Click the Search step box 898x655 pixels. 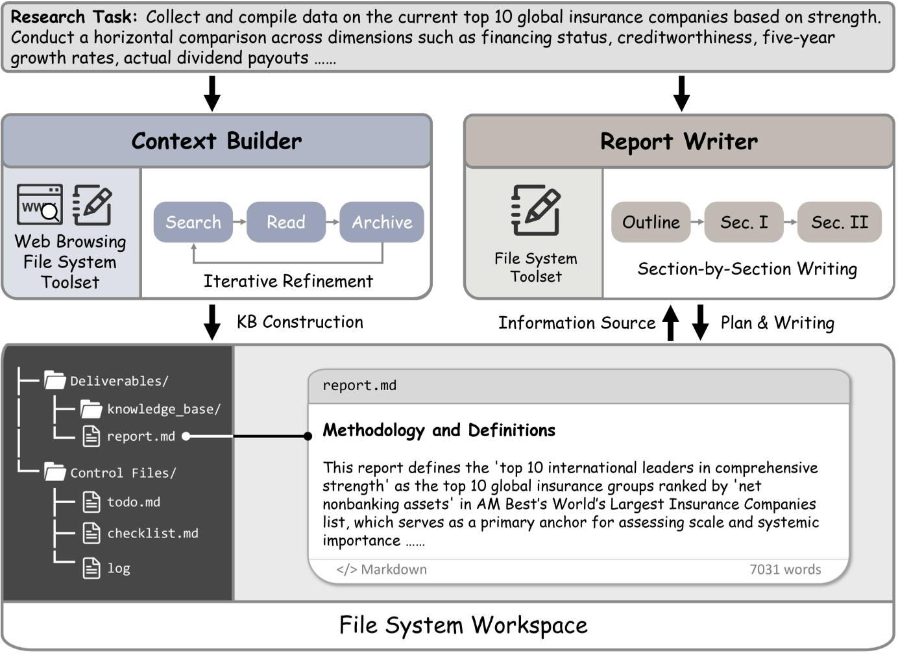(x=193, y=222)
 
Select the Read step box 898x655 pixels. (x=285, y=222)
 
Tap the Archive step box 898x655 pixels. (x=382, y=222)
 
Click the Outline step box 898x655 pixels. (x=651, y=222)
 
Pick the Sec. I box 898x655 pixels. (x=744, y=222)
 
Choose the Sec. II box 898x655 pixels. (x=839, y=222)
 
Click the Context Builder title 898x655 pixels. (x=217, y=141)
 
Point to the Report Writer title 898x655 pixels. (x=679, y=142)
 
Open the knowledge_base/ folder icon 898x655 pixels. (x=91, y=409)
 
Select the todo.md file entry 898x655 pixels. (x=133, y=502)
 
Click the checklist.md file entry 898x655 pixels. (x=152, y=533)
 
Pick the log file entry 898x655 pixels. (x=118, y=568)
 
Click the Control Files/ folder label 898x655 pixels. (x=123, y=473)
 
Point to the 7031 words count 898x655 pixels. (x=785, y=569)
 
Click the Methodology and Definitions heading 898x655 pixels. (x=439, y=430)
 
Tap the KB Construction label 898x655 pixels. (x=300, y=322)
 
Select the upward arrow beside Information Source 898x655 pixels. (x=671, y=323)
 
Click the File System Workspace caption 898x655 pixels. (x=463, y=625)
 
